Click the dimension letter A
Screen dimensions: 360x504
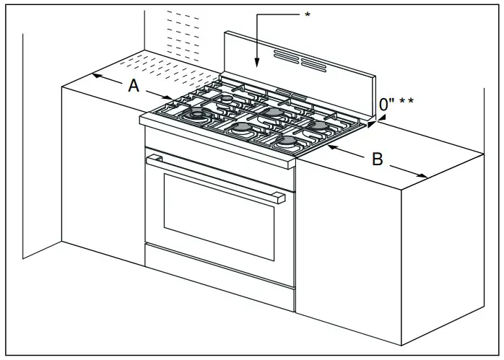point(133,86)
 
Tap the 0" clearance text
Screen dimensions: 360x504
point(387,104)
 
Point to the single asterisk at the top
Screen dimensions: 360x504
point(307,15)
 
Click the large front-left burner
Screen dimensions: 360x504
point(197,115)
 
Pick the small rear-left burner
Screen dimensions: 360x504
point(227,98)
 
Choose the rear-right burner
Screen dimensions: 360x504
point(316,125)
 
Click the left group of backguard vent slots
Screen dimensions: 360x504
point(286,57)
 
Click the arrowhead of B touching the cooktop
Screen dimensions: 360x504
point(331,146)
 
